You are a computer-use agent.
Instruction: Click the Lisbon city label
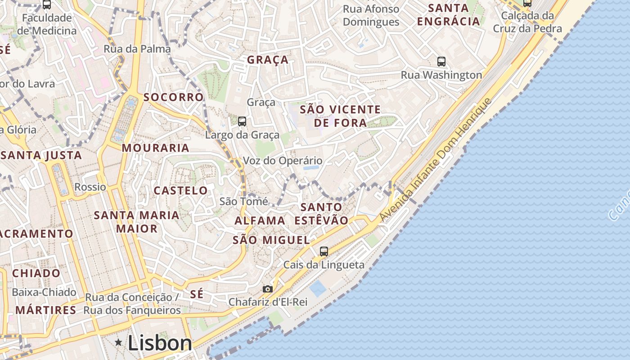point(160,343)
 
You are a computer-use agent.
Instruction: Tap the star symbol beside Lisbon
point(119,343)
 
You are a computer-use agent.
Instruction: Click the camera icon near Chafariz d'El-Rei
point(268,289)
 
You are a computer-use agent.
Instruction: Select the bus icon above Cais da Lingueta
point(324,251)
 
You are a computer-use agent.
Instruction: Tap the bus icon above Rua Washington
point(441,62)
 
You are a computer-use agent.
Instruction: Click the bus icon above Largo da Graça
point(242,121)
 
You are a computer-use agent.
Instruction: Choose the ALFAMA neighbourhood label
point(260,220)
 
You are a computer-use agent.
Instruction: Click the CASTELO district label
point(180,190)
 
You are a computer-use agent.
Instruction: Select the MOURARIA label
point(156,148)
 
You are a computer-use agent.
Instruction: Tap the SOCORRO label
point(173,97)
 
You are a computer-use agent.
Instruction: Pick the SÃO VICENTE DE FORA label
point(340,116)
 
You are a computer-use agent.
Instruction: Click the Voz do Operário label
point(283,161)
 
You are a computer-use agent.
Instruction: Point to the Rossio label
point(90,187)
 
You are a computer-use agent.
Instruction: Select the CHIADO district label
point(36,273)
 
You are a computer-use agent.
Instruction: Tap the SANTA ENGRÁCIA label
point(448,14)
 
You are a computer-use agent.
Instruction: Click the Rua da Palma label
point(137,49)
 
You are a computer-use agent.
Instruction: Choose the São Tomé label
point(243,201)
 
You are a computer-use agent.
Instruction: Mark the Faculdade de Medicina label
point(47,24)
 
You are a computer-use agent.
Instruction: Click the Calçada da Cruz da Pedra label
point(527,22)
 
